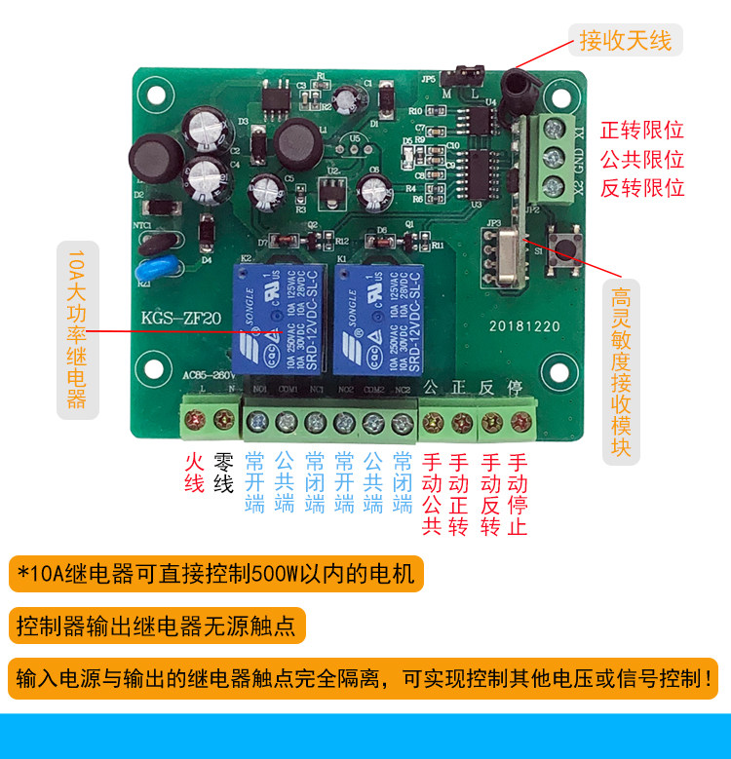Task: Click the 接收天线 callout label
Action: pyautogui.click(x=625, y=41)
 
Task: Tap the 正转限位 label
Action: pyautogui.click(x=641, y=131)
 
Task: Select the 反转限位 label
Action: pyautogui.click(x=641, y=188)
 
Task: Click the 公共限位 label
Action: pyautogui.click(x=641, y=160)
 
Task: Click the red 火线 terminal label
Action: pyautogui.click(x=195, y=473)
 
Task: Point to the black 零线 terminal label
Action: pyautogui.click(x=224, y=473)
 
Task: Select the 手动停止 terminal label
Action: pyautogui.click(x=519, y=494)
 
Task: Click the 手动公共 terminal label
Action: pyautogui.click(x=432, y=494)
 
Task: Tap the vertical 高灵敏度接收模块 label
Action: pyautogui.click(x=621, y=371)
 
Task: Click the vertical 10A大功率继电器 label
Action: pyautogui.click(x=78, y=329)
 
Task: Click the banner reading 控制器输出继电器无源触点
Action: pyautogui.click(x=157, y=626)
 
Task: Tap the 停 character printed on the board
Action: pyautogui.click(x=517, y=387)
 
